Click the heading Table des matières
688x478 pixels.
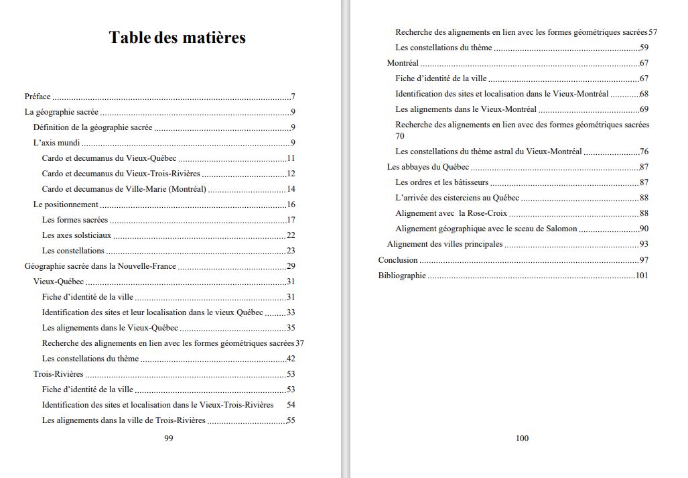(x=177, y=38)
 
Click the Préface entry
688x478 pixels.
(x=38, y=97)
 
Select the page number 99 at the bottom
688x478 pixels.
(x=169, y=438)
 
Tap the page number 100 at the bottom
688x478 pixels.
(x=522, y=438)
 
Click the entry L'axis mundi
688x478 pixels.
(x=56, y=143)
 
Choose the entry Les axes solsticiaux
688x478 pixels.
(x=76, y=235)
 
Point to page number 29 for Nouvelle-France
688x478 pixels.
(x=291, y=266)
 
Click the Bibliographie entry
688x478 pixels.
(x=402, y=276)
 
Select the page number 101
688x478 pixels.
(x=642, y=276)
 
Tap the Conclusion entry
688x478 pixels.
(x=398, y=260)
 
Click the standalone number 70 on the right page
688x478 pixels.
(x=400, y=136)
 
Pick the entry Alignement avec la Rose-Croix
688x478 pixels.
(x=451, y=214)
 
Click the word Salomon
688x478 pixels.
(x=561, y=229)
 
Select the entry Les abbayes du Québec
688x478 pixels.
(x=427, y=167)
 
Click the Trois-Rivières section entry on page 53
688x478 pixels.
(x=58, y=374)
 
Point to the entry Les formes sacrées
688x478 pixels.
(x=74, y=220)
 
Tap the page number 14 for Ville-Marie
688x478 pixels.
(x=291, y=189)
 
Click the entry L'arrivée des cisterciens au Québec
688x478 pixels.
(x=457, y=198)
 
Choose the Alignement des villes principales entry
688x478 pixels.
(x=444, y=245)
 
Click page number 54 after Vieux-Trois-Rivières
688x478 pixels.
(x=291, y=405)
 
